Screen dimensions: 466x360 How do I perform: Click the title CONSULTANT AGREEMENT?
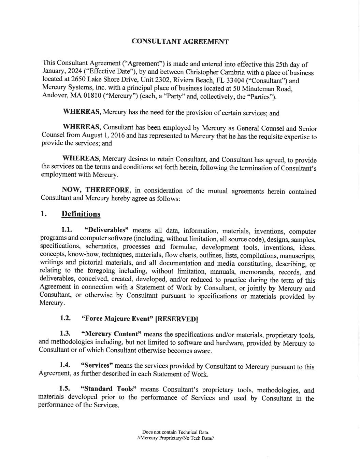pos(180,42)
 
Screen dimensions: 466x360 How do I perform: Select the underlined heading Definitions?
pos(81,214)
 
